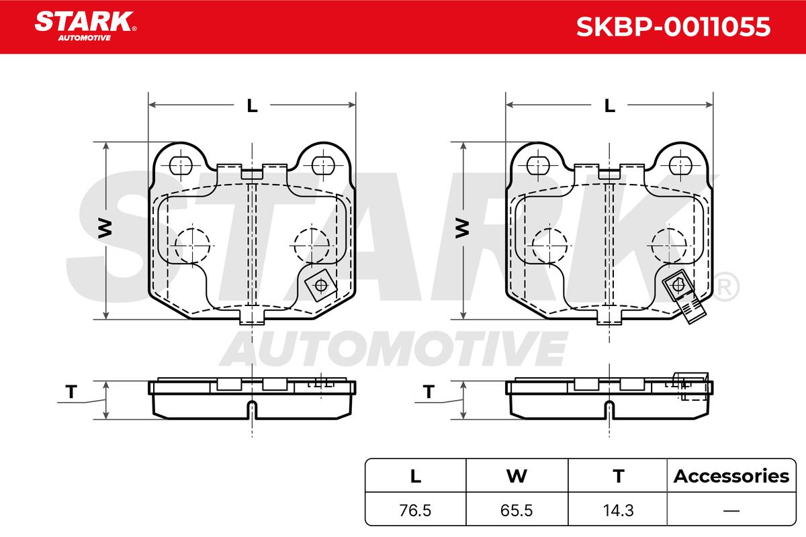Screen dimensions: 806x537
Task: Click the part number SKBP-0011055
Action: tap(673, 27)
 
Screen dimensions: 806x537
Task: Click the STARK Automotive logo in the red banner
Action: tap(85, 26)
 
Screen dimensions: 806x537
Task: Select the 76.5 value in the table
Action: tap(415, 510)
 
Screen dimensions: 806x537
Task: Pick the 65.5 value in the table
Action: tap(517, 510)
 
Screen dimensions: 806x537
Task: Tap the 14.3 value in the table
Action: tap(618, 510)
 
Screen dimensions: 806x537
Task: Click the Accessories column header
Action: tap(731, 476)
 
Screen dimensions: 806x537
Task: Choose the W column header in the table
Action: tap(517, 476)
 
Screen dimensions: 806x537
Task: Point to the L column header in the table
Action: tap(416, 476)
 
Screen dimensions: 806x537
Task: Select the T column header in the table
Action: tap(619, 476)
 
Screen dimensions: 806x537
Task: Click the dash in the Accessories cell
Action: tap(731, 510)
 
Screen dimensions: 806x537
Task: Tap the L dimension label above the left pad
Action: tap(253, 105)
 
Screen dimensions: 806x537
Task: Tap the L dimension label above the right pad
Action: tap(610, 105)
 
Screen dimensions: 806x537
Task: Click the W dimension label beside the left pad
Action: tap(105, 228)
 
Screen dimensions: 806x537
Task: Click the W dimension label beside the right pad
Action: tap(462, 228)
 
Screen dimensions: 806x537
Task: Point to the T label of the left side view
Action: tap(71, 392)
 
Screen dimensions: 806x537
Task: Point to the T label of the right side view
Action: tap(429, 392)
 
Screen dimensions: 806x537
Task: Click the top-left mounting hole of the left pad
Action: tap(180, 166)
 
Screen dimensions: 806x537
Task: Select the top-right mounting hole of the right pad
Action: tap(680, 166)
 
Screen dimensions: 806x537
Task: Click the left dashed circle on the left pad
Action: tap(192, 246)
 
